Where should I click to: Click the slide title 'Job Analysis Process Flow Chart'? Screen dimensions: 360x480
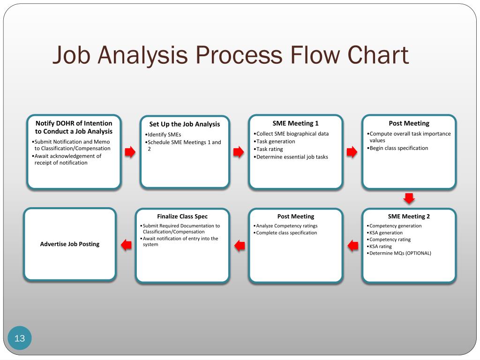click(230, 55)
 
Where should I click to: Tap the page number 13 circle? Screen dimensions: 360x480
click(20, 338)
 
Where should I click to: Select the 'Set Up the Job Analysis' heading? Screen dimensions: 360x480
click(184, 124)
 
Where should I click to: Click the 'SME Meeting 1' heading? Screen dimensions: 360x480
click(295, 123)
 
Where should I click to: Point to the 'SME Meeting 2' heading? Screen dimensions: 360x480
click(409, 216)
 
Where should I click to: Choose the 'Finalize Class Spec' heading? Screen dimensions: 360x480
click(182, 216)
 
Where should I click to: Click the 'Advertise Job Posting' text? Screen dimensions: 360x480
click(70, 244)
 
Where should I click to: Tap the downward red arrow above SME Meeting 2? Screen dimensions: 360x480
click(409, 198)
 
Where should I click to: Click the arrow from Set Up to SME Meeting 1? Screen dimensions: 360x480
click(239, 151)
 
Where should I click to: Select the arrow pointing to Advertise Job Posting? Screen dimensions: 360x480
click(126, 245)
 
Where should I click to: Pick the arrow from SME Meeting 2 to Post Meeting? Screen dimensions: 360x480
click(352, 245)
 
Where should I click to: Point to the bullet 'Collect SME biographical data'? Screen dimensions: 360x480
click(292, 134)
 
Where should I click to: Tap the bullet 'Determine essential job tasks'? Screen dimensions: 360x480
click(292, 157)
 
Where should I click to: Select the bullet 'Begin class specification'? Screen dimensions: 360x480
click(398, 148)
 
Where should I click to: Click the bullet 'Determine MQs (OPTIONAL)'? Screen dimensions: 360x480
click(400, 253)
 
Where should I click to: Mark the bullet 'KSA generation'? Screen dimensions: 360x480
click(386, 232)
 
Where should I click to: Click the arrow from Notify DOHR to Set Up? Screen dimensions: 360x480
click(130, 151)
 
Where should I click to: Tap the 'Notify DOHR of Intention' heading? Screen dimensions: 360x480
click(74, 127)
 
